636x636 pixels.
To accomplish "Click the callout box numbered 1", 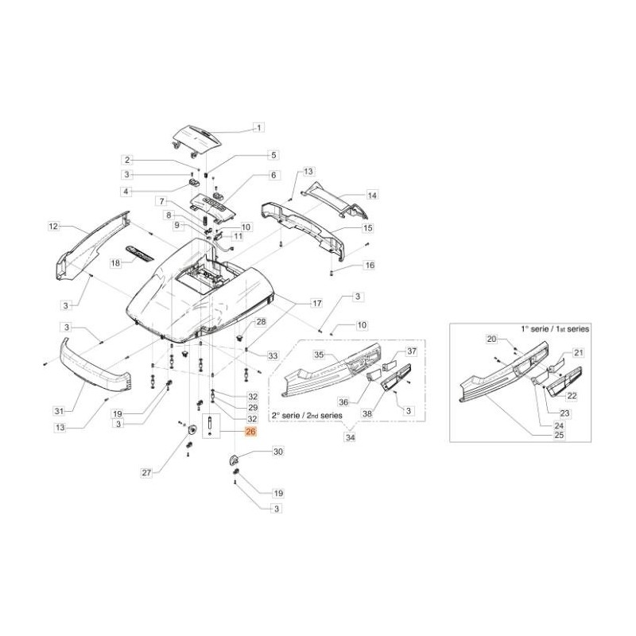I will (258, 127).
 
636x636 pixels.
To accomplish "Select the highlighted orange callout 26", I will (250, 432).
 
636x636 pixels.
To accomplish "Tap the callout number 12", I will (54, 227).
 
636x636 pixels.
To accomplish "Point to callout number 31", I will (58, 410).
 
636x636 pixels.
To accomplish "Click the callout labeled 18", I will (115, 262).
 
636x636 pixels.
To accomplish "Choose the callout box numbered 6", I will (273, 175).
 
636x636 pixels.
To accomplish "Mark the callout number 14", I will (371, 195).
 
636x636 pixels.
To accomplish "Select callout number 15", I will (368, 228).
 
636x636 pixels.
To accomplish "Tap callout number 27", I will (146, 473).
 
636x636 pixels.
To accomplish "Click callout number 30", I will (277, 452).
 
